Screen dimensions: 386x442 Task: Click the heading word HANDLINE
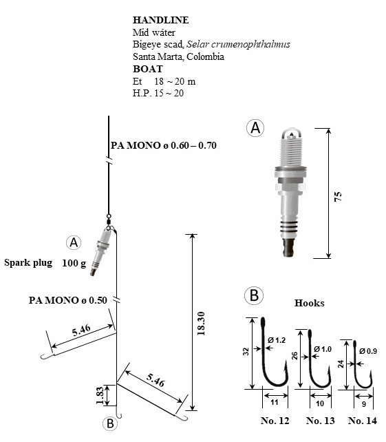(160, 20)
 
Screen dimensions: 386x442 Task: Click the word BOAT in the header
(148, 69)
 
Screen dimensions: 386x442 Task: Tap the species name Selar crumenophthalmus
(238, 45)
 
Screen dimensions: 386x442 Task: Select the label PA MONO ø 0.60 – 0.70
(164, 145)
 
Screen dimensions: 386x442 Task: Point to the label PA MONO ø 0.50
(68, 300)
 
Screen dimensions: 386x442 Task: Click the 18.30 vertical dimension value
(201, 324)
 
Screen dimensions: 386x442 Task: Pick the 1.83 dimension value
(100, 395)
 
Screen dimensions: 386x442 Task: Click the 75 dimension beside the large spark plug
(338, 196)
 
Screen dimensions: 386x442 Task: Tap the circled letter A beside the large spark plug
(255, 127)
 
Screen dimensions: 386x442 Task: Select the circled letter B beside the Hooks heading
(254, 295)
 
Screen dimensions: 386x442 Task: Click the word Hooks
(310, 303)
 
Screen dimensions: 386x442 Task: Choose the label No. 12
(275, 421)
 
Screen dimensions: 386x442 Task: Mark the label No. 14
(363, 421)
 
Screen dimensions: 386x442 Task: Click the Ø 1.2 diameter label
(277, 340)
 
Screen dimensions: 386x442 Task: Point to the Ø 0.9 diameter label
(368, 351)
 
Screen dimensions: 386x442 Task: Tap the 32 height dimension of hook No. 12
(246, 352)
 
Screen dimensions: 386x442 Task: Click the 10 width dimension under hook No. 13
(320, 403)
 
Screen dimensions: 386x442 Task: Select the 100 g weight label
(74, 263)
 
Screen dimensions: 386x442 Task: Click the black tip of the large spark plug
(290, 247)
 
